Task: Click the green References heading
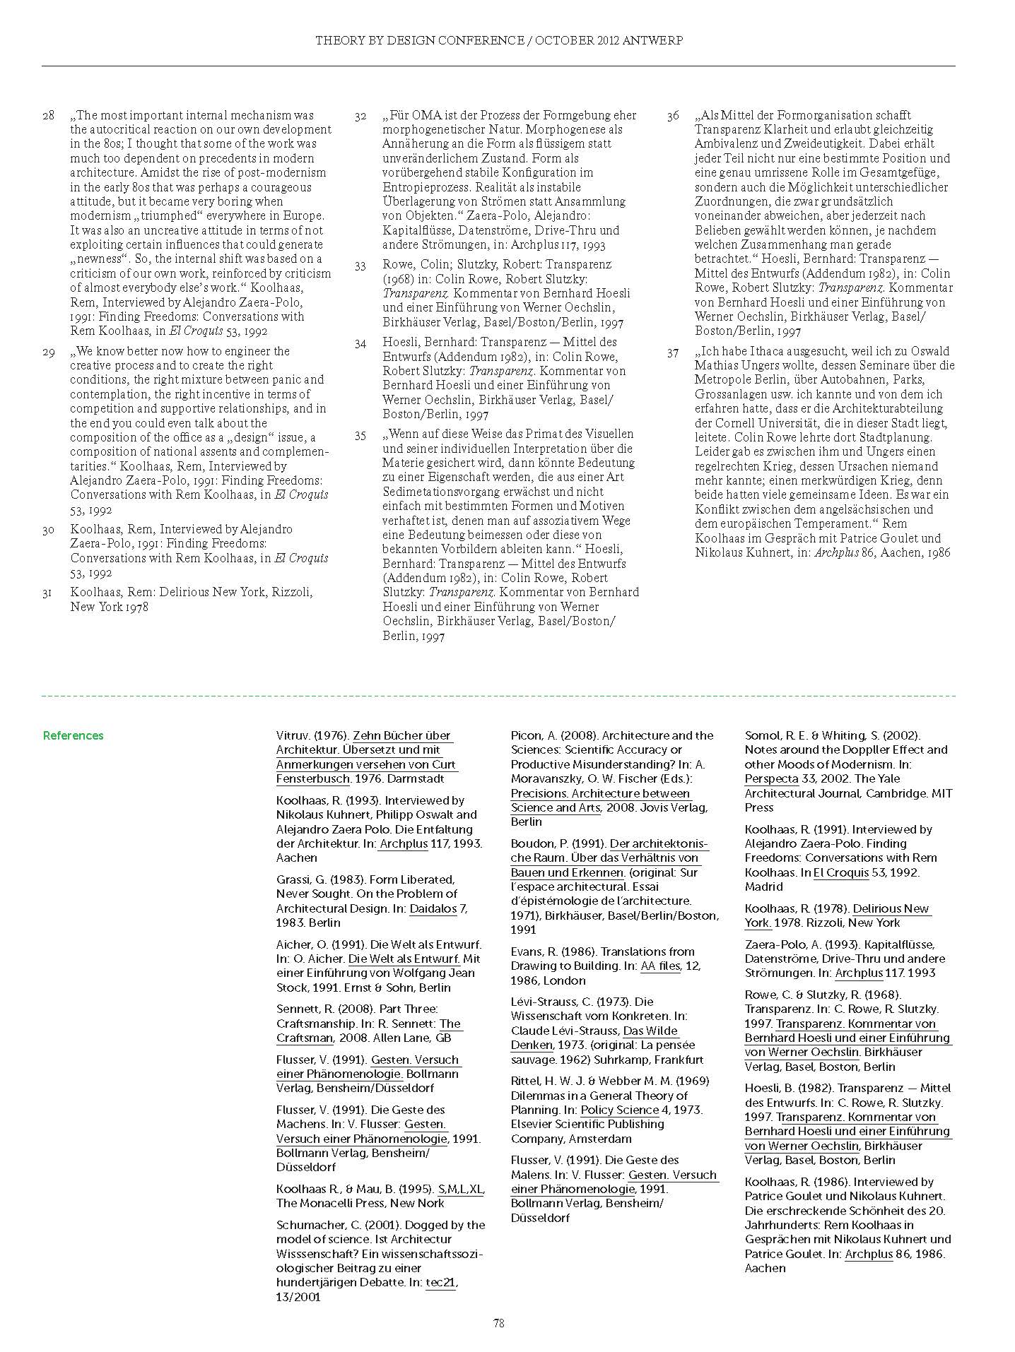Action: [x=73, y=735]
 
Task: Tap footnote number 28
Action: [x=48, y=115]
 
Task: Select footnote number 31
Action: [x=48, y=592]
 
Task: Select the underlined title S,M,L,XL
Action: [x=461, y=1189]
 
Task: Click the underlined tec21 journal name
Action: [x=440, y=1282]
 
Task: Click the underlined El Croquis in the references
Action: [x=840, y=872]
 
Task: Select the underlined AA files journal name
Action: [x=659, y=966]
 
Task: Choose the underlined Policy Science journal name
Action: [x=619, y=1110]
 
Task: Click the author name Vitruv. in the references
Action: [x=293, y=735]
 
